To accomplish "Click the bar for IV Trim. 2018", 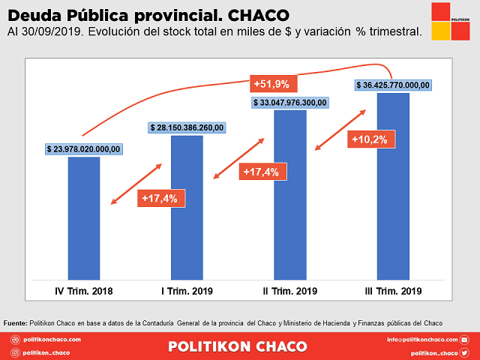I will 84,217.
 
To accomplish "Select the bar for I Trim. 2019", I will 187,207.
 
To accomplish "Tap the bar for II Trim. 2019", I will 289,194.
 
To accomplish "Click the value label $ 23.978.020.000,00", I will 83,149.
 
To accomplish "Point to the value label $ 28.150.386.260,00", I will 187,128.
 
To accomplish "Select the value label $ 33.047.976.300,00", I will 290,103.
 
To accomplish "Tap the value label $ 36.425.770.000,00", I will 393,85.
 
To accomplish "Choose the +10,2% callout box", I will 373,139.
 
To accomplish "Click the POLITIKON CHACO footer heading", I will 238,346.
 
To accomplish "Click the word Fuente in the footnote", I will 15,322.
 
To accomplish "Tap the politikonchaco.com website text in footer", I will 52,340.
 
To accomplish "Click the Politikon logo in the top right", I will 451,21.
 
